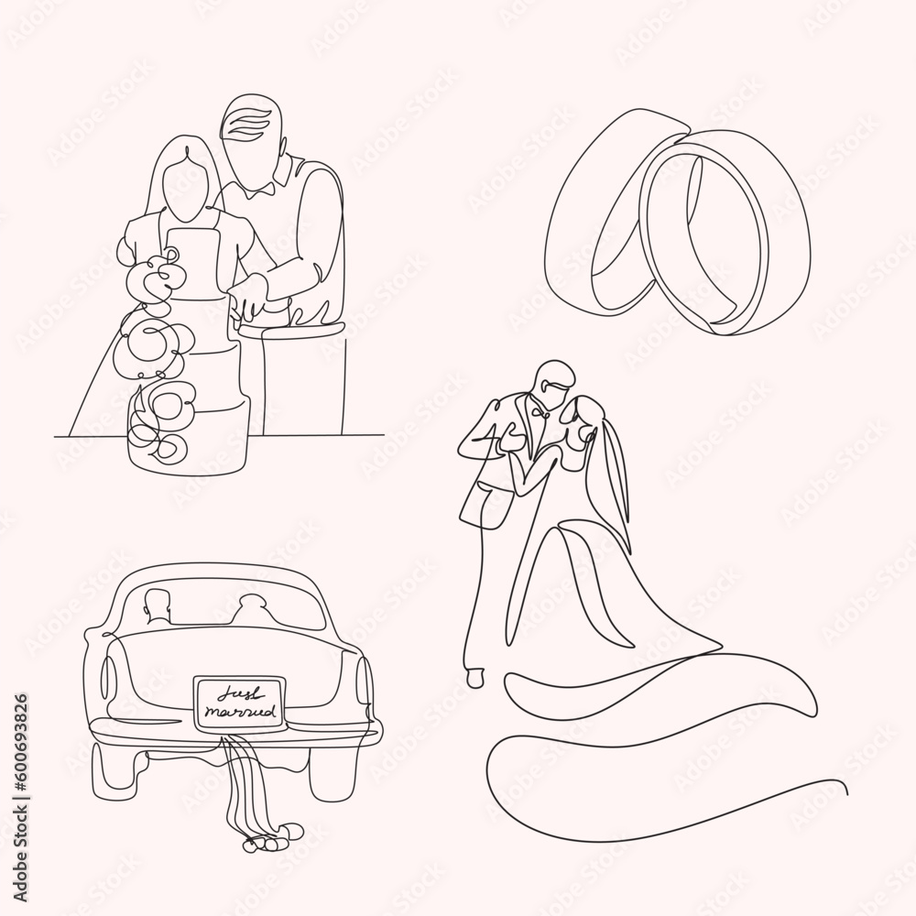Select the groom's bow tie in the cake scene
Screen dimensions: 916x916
[257, 191]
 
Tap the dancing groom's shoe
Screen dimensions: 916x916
[474, 679]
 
